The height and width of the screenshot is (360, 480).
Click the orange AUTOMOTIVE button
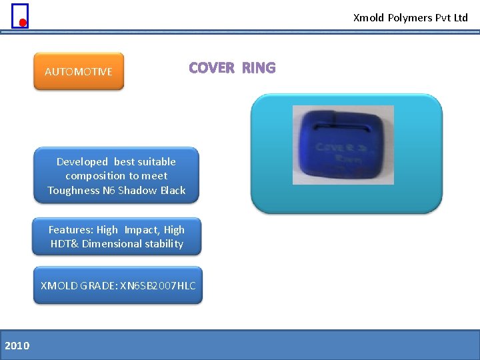coord(79,71)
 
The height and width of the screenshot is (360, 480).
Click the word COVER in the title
coord(211,68)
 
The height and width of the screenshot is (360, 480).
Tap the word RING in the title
coord(259,68)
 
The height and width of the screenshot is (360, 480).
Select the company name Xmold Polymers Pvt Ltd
coord(410,18)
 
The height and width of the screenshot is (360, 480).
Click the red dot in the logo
coord(23,23)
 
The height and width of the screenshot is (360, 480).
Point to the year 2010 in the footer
coord(17,345)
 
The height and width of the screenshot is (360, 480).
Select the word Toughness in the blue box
coord(73,191)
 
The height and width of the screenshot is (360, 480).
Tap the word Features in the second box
coord(71,230)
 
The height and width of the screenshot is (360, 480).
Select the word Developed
coord(82,162)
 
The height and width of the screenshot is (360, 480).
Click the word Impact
coord(141,230)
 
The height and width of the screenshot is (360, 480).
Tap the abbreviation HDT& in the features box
coord(65,244)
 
